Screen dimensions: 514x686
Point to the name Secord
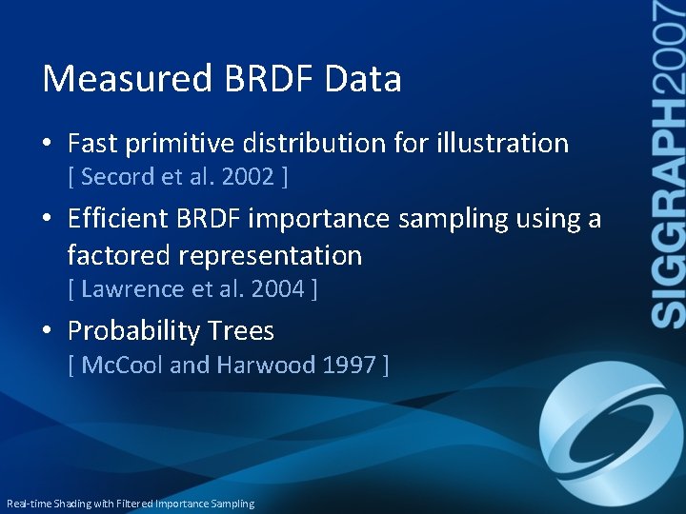tap(114, 176)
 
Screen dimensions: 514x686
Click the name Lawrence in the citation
tap(127, 288)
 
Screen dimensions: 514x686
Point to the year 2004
tap(276, 288)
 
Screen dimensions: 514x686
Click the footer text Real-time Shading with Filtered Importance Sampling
tap(131, 504)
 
